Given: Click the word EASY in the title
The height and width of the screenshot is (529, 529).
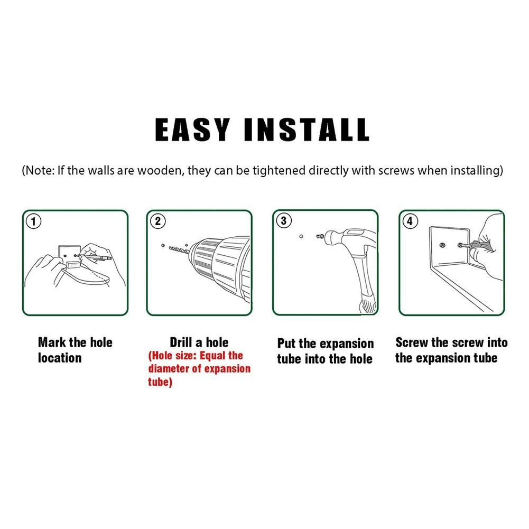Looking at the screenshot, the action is point(193,129).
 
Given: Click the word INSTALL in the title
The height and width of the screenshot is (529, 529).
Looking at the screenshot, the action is point(307,129).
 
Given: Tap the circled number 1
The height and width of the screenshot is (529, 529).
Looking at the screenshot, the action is point(33,221).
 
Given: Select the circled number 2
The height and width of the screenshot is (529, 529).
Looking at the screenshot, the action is point(157,221).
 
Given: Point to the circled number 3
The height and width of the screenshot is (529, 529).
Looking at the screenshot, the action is point(284,221).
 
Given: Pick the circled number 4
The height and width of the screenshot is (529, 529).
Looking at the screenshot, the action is point(410,221).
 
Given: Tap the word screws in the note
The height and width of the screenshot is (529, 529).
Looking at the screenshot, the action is point(396,171).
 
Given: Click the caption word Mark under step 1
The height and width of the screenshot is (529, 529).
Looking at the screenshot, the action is point(52,342).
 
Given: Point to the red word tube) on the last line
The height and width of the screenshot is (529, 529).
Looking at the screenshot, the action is point(160,382).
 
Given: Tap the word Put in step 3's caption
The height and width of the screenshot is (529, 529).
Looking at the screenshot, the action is point(286,344).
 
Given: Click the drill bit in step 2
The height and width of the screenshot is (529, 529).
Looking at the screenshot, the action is point(179,249).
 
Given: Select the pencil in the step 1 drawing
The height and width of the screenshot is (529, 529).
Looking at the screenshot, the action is point(95,257).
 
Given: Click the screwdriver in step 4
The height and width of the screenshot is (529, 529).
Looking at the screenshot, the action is point(475,246).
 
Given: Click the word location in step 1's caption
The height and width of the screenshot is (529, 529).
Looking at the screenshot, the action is point(60,358).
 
